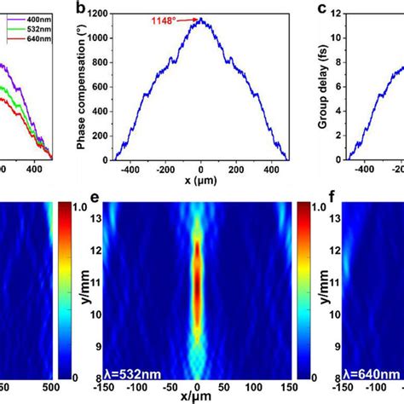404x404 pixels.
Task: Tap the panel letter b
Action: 79,9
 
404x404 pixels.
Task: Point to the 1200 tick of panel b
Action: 96,14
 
